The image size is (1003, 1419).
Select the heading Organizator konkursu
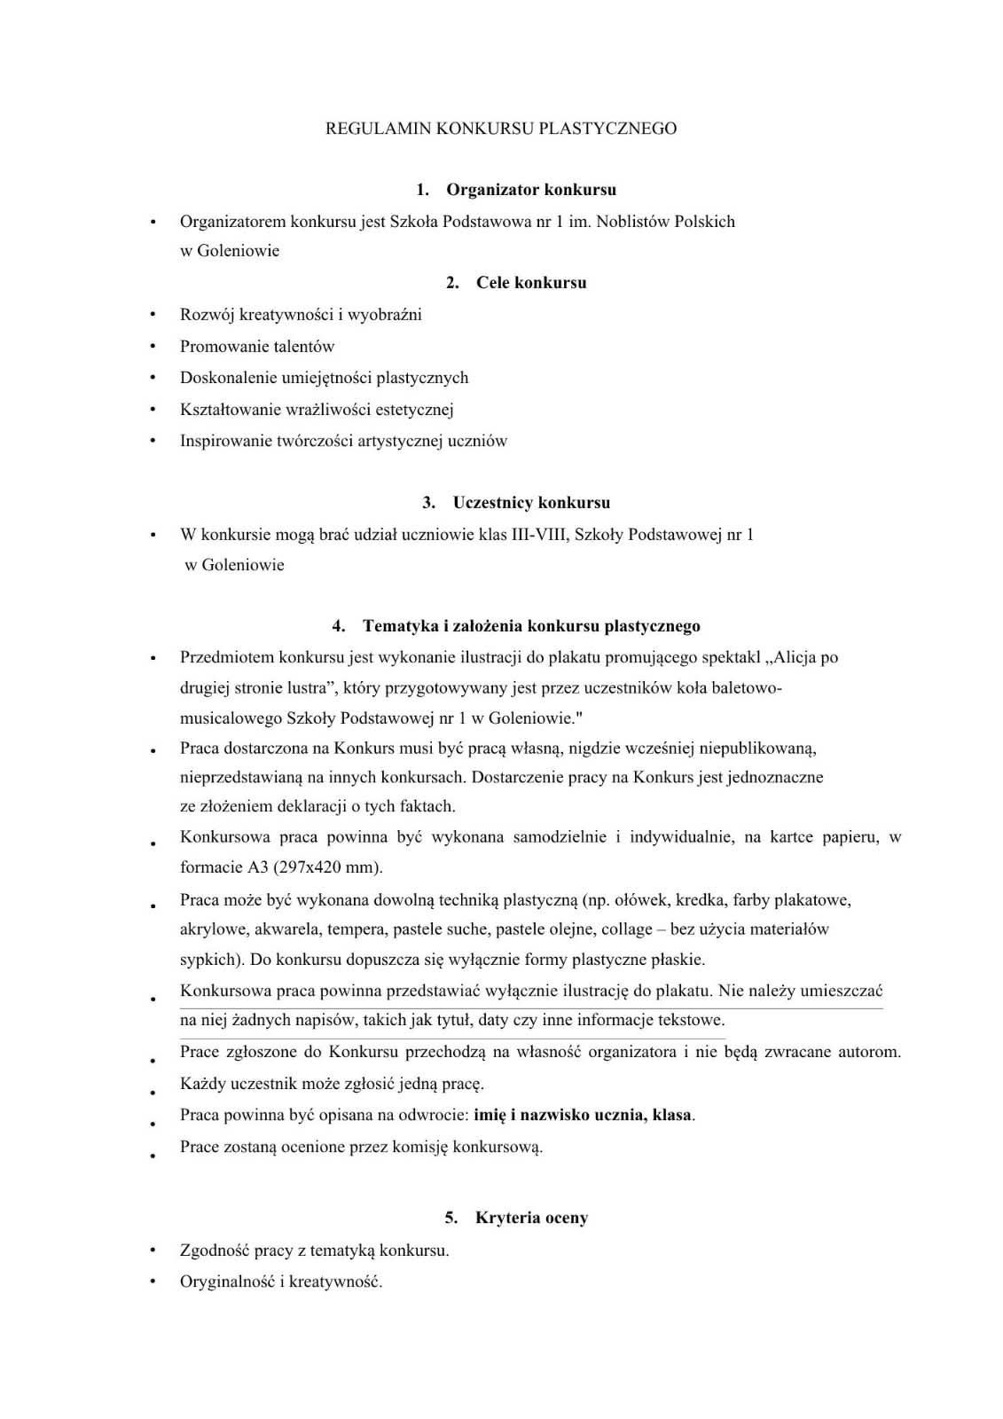(530, 190)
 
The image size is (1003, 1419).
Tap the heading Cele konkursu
(530, 283)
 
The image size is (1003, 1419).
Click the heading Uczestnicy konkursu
(530, 503)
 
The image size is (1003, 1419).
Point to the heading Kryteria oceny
(530, 1218)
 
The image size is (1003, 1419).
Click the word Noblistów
(633, 222)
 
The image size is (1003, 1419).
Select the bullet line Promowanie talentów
(257, 347)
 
